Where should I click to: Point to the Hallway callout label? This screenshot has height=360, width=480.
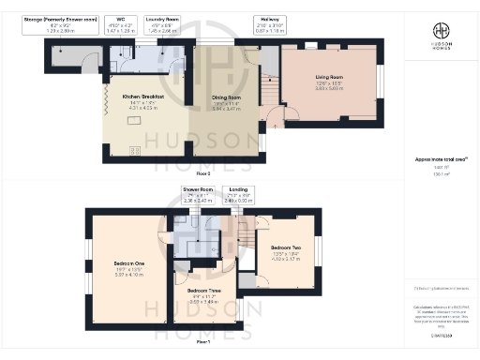click(271, 23)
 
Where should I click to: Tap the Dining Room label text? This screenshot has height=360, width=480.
click(226, 97)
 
